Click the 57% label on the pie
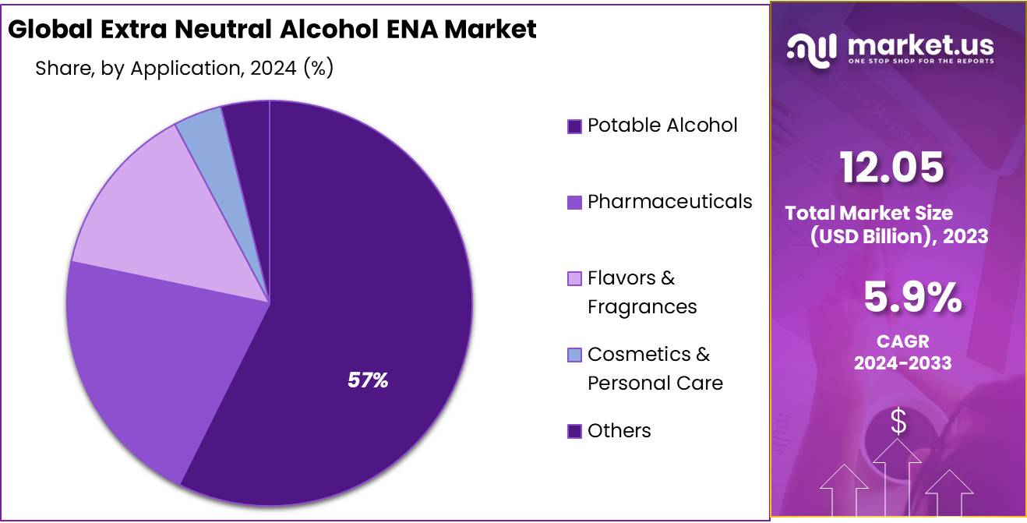(368, 380)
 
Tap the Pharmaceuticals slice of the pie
(156, 351)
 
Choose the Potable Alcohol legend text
(662, 125)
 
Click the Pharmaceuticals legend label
(669, 201)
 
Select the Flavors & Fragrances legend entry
(641, 292)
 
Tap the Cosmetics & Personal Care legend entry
(655, 368)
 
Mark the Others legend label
(619, 430)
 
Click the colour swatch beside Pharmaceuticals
(574, 203)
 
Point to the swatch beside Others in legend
(574, 431)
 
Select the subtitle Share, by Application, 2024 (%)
(185, 68)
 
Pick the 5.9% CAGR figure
(912, 298)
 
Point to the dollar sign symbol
(898, 422)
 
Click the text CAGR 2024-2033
(902, 352)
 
